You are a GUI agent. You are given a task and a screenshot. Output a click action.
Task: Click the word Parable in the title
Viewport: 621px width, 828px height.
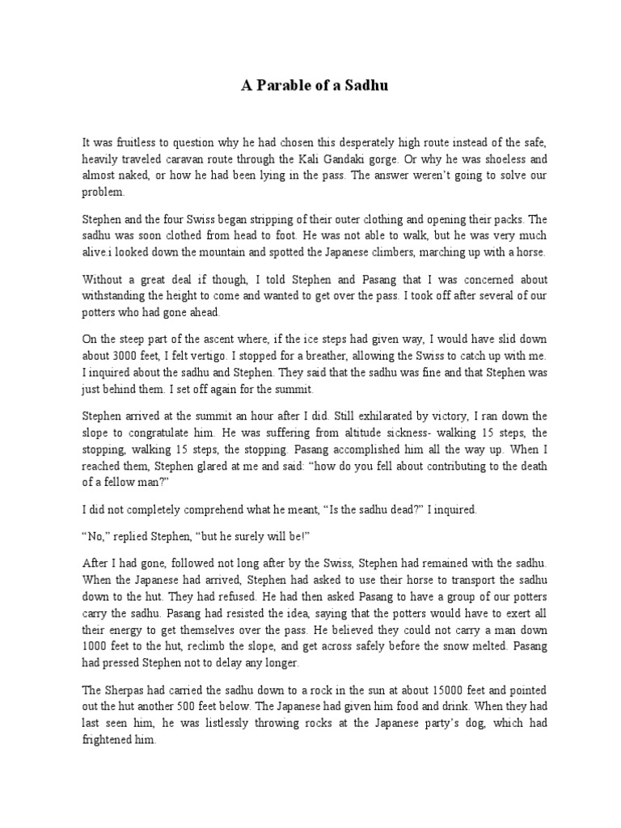(290, 86)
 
